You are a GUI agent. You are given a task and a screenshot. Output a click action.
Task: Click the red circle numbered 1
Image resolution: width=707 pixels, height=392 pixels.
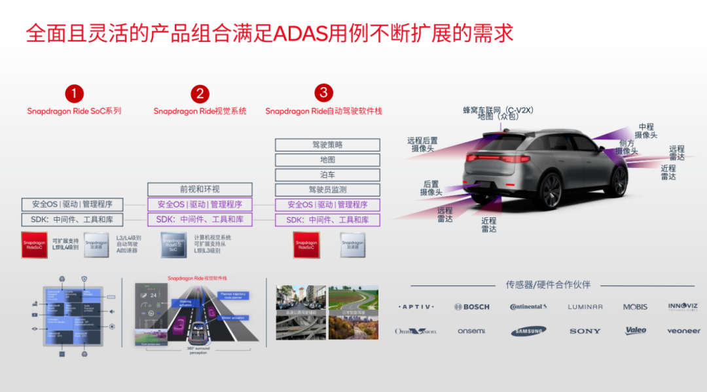click(x=74, y=94)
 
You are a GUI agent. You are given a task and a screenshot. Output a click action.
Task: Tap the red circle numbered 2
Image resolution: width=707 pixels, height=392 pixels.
click(x=200, y=94)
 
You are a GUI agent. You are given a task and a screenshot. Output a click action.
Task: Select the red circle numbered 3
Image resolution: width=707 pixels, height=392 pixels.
click(x=323, y=93)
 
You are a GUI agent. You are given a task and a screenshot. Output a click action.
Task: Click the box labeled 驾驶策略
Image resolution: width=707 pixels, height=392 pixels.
click(x=327, y=145)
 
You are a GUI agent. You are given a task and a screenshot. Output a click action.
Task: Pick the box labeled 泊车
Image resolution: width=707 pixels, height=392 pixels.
click(x=327, y=175)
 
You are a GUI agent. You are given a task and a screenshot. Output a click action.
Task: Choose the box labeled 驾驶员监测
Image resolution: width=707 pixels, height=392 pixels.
click(x=327, y=190)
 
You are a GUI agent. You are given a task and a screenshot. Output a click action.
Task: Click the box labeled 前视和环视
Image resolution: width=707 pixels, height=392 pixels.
click(x=199, y=190)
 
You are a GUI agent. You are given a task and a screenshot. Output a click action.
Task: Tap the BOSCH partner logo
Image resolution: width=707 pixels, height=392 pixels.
click(x=472, y=307)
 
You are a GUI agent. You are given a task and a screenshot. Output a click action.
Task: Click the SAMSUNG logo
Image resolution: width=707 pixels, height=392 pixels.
click(x=528, y=331)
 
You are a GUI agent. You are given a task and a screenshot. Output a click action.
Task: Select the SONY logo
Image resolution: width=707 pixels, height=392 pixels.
click(x=585, y=331)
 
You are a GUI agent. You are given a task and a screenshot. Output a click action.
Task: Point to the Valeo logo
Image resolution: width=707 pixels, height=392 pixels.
click(x=636, y=330)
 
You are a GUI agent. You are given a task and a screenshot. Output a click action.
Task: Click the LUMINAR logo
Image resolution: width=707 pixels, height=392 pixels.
click(x=585, y=307)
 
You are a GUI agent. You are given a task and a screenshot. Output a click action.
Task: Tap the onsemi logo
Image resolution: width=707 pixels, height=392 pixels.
click(x=471, y=331)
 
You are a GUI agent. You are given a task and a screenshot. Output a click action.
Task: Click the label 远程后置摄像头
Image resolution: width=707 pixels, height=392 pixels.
click(x=422, y=145)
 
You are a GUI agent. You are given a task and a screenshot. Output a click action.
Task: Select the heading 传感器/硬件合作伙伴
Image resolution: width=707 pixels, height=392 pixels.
click(x=547, y=285)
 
